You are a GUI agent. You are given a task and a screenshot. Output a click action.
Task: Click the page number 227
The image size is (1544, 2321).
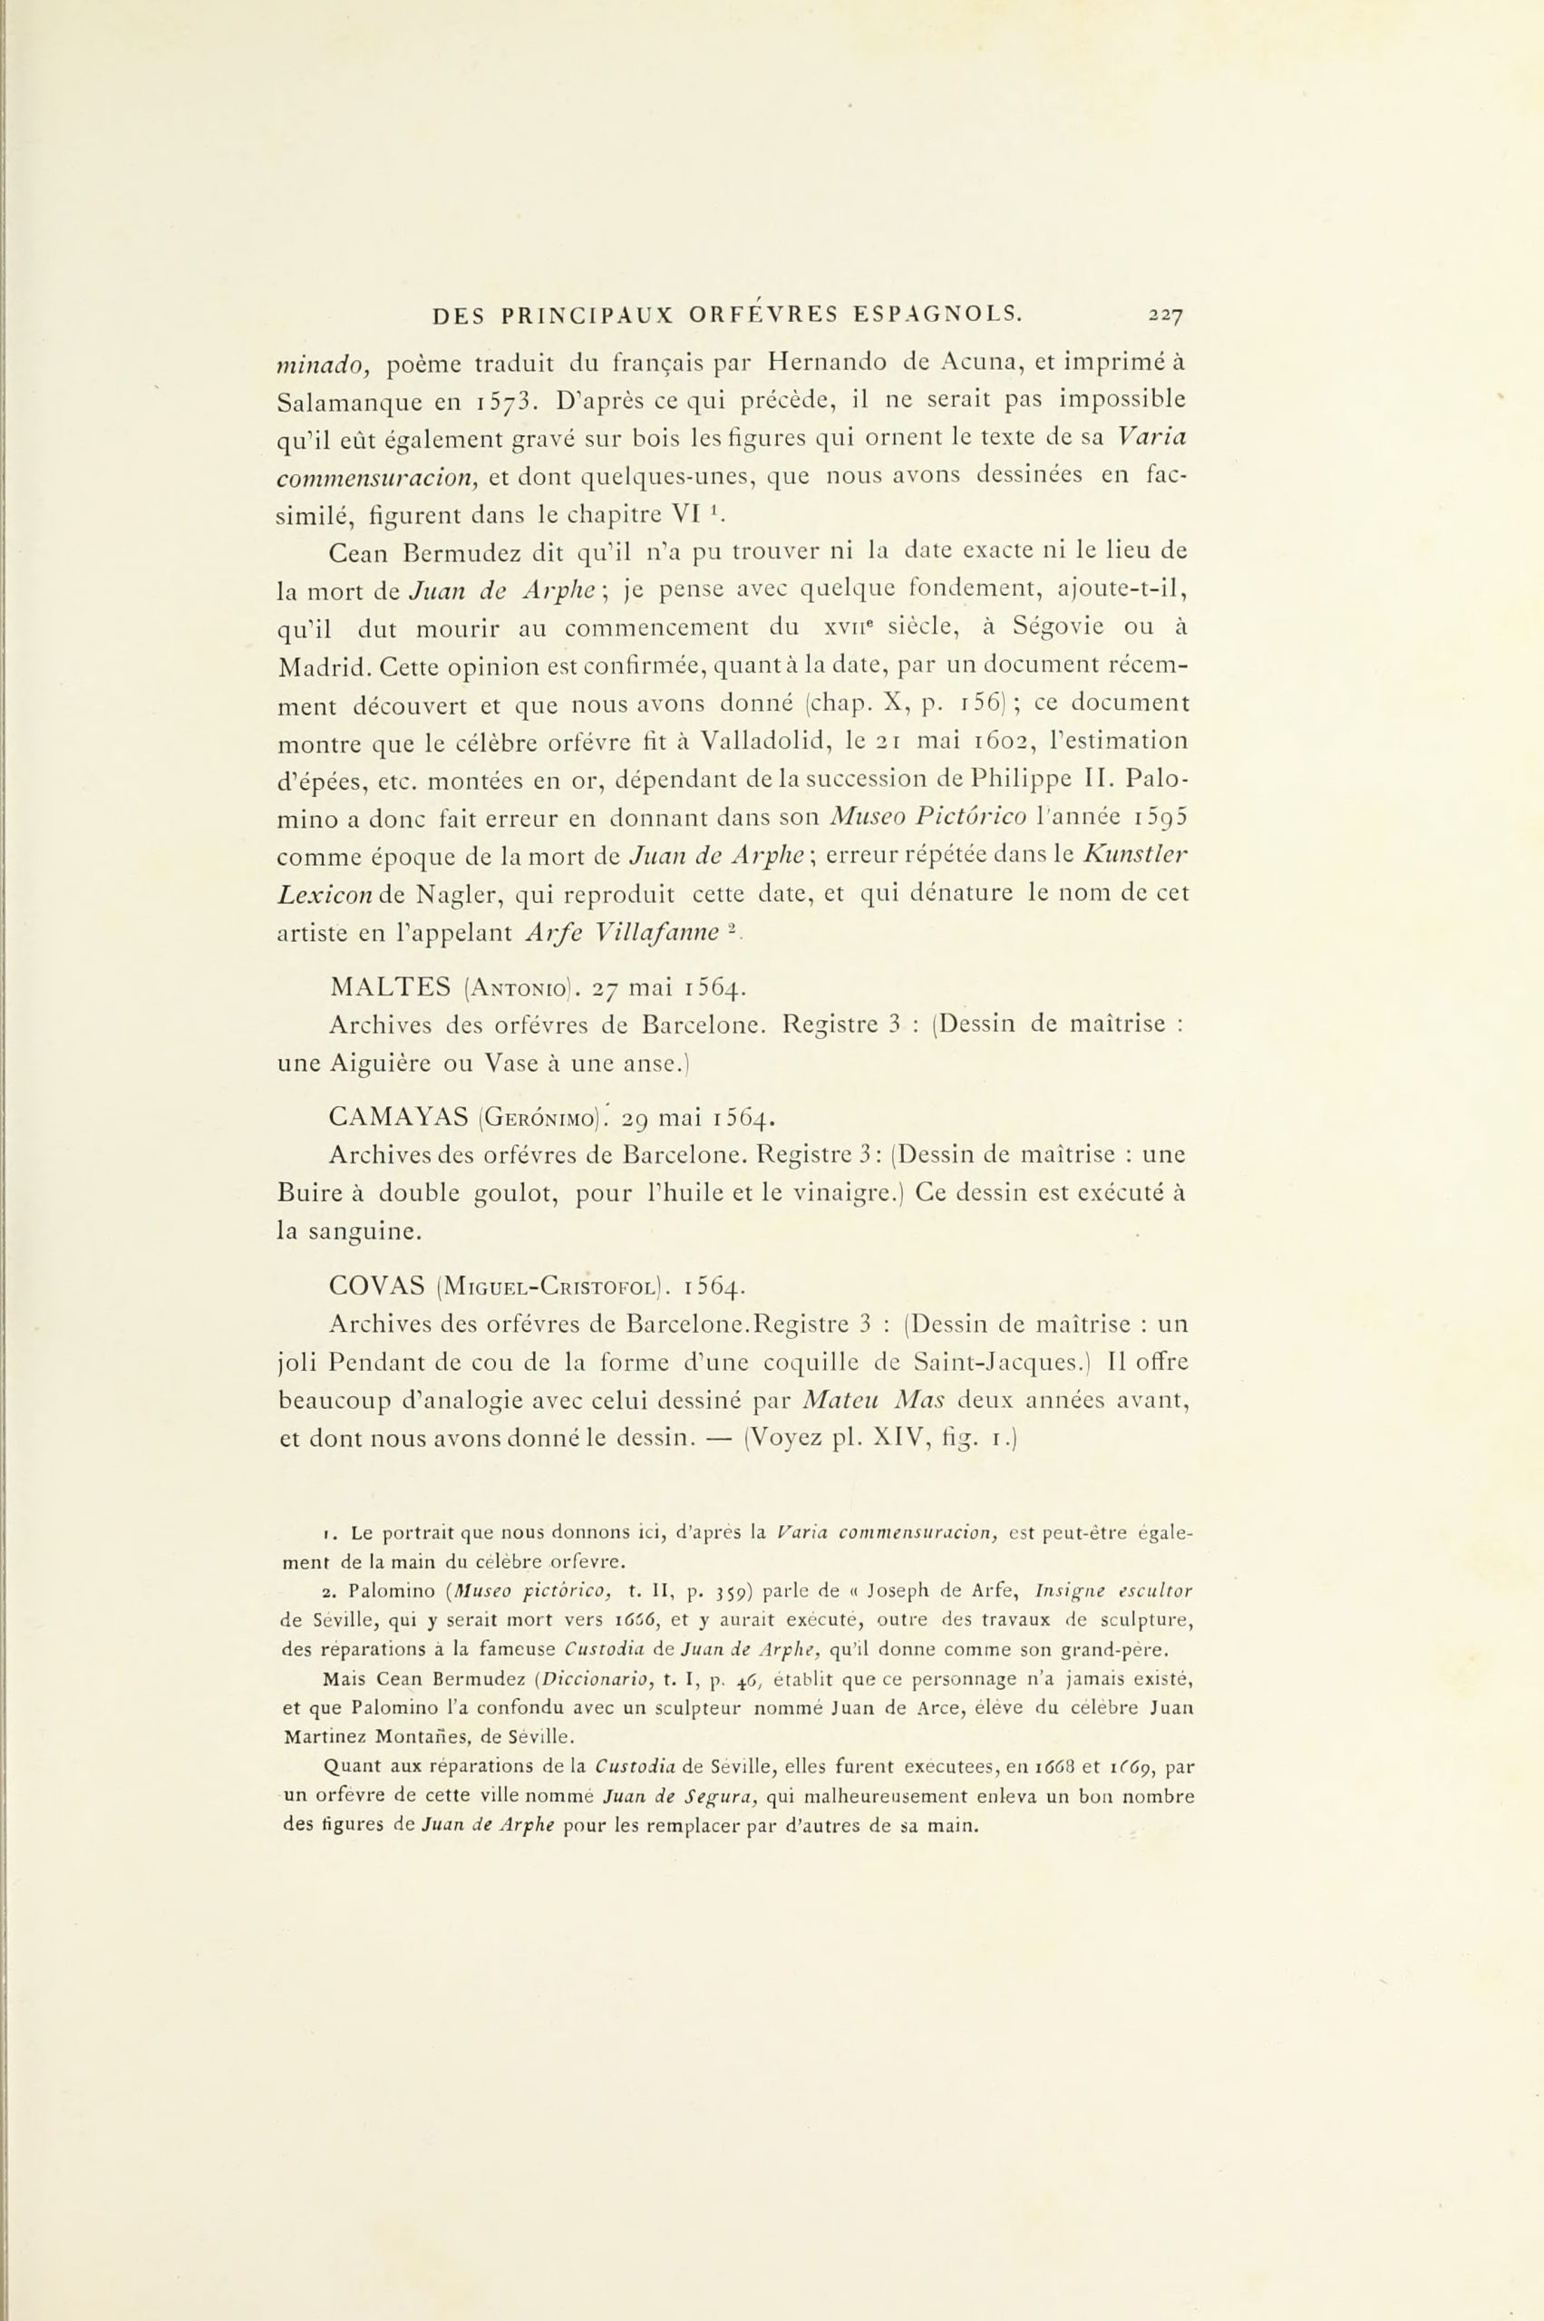(1163, 316)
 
